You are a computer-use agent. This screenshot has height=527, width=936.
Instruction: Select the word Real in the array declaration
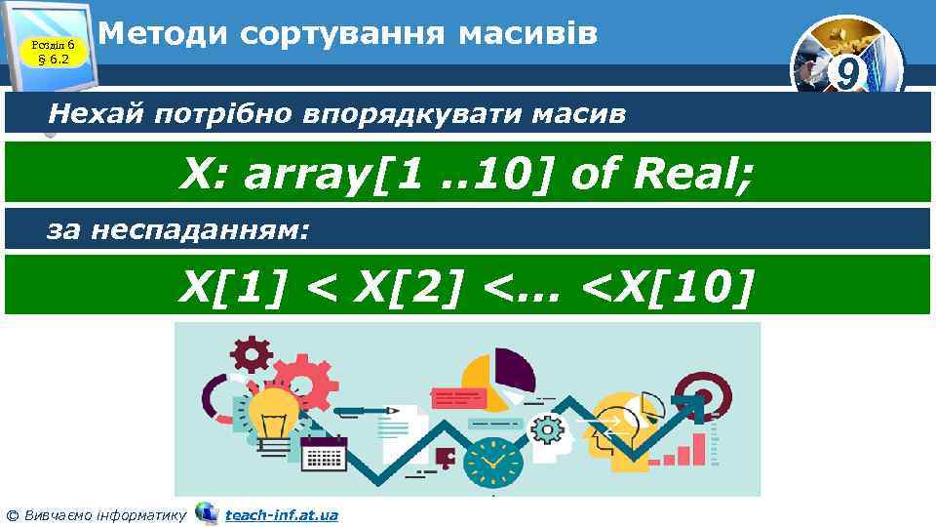pos(692,176)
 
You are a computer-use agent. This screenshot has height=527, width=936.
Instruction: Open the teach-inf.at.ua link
pos(281,514)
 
